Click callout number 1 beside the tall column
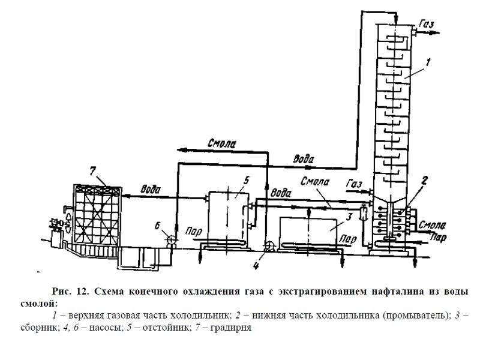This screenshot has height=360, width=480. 428,62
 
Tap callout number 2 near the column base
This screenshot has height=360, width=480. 424,181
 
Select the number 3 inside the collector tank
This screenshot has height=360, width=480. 349,218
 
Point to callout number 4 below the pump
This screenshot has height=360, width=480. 256,265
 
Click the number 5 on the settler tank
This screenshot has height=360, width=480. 246,181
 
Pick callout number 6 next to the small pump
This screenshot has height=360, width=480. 157,226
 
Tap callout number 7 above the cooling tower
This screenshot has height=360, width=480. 93,171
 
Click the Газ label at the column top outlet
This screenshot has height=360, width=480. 427,23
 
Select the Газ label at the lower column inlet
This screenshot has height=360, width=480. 353,184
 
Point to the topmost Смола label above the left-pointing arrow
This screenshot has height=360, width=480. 221,143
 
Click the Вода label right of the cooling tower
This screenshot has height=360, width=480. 151,189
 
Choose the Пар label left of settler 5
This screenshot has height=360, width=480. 193,232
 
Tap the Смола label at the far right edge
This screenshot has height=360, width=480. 432,226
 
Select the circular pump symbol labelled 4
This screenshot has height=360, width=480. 269,246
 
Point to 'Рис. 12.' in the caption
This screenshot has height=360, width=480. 70,291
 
